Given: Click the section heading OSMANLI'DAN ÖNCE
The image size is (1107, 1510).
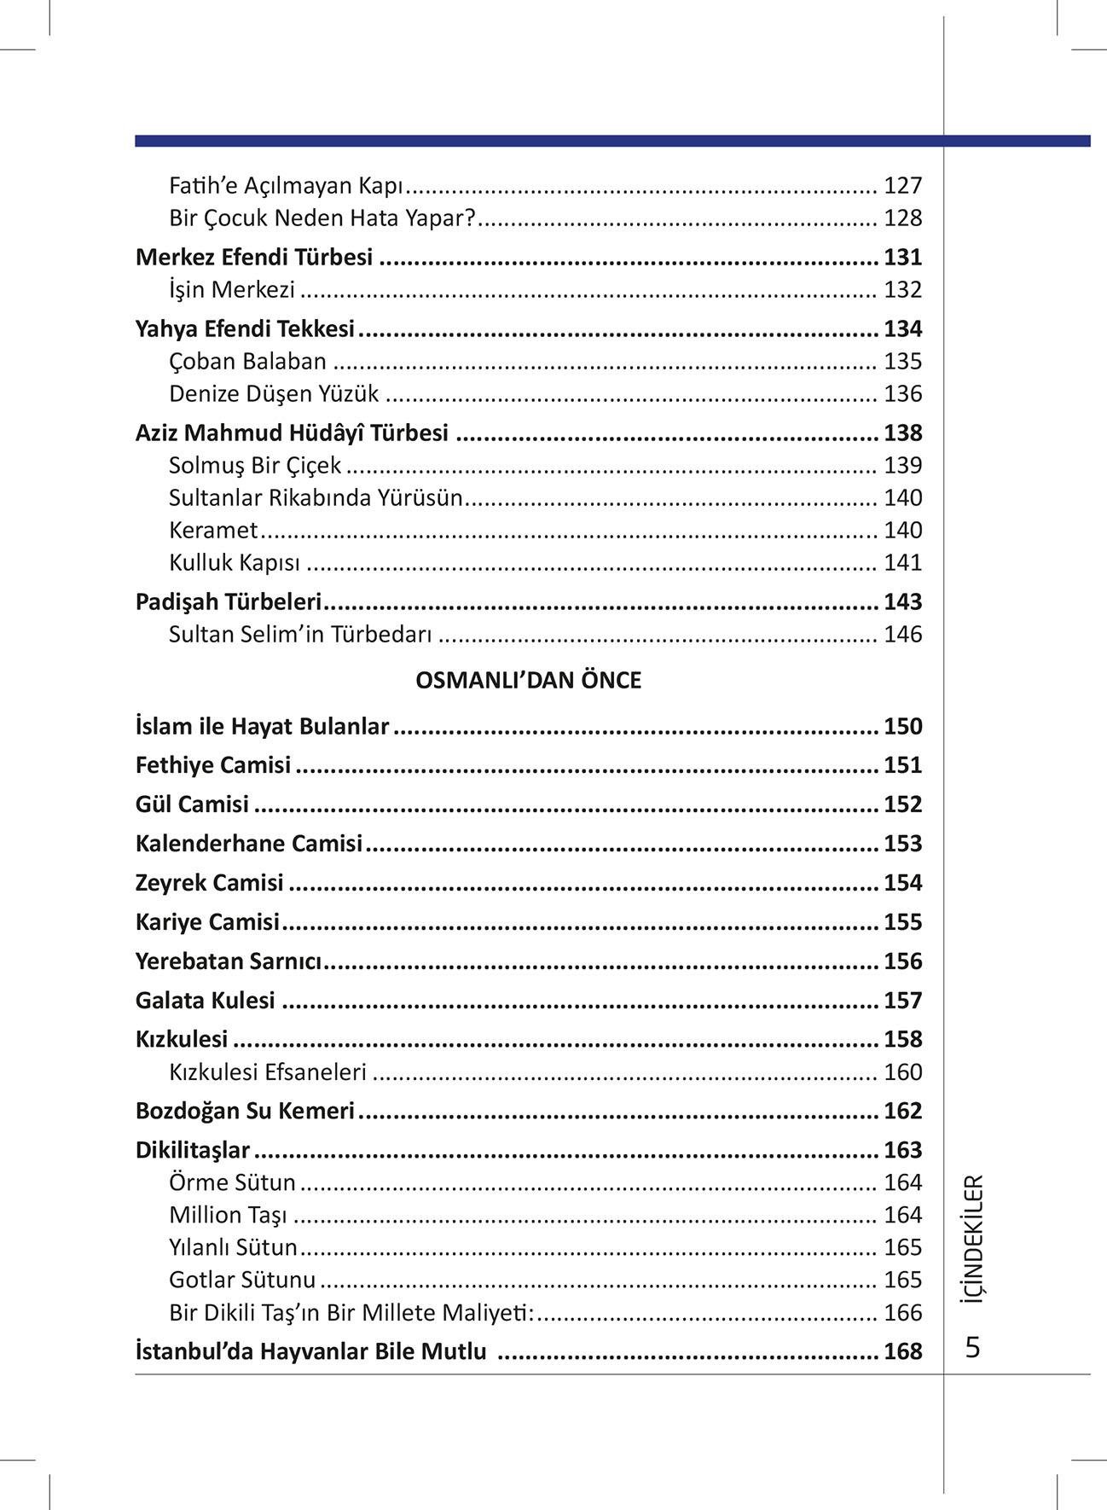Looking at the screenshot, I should [528, 681].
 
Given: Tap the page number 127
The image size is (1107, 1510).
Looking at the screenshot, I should [902, 186].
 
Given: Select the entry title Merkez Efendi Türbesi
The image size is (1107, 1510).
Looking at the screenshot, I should [254, 258].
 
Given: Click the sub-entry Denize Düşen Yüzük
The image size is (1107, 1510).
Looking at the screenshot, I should [274, 394].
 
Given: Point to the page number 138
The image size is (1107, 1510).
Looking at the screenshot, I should [902, 433].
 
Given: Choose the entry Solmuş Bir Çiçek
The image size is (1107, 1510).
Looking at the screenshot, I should [255, 466].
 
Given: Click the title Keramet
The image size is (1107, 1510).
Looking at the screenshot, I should [213, 531].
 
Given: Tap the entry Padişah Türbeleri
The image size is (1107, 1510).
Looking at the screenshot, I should [229, 602].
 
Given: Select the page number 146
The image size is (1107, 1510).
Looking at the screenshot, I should [902, 635].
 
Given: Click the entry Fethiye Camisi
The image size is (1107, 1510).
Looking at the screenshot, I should [213, 765].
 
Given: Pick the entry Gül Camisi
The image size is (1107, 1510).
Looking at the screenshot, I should [192, 804].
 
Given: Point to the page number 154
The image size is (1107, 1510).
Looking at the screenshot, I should [902, 883].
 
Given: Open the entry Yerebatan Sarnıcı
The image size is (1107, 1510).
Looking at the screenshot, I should [229, 961].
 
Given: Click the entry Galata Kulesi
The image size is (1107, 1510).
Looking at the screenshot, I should [206, 1001].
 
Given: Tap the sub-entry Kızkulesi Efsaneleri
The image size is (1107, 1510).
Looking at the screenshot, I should [268, 1072].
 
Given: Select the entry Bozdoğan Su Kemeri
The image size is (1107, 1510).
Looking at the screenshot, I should [245, 1112].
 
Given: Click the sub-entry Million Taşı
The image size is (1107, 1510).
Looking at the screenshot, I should [228, 1215].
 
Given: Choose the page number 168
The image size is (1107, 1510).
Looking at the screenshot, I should [902, 1352].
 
